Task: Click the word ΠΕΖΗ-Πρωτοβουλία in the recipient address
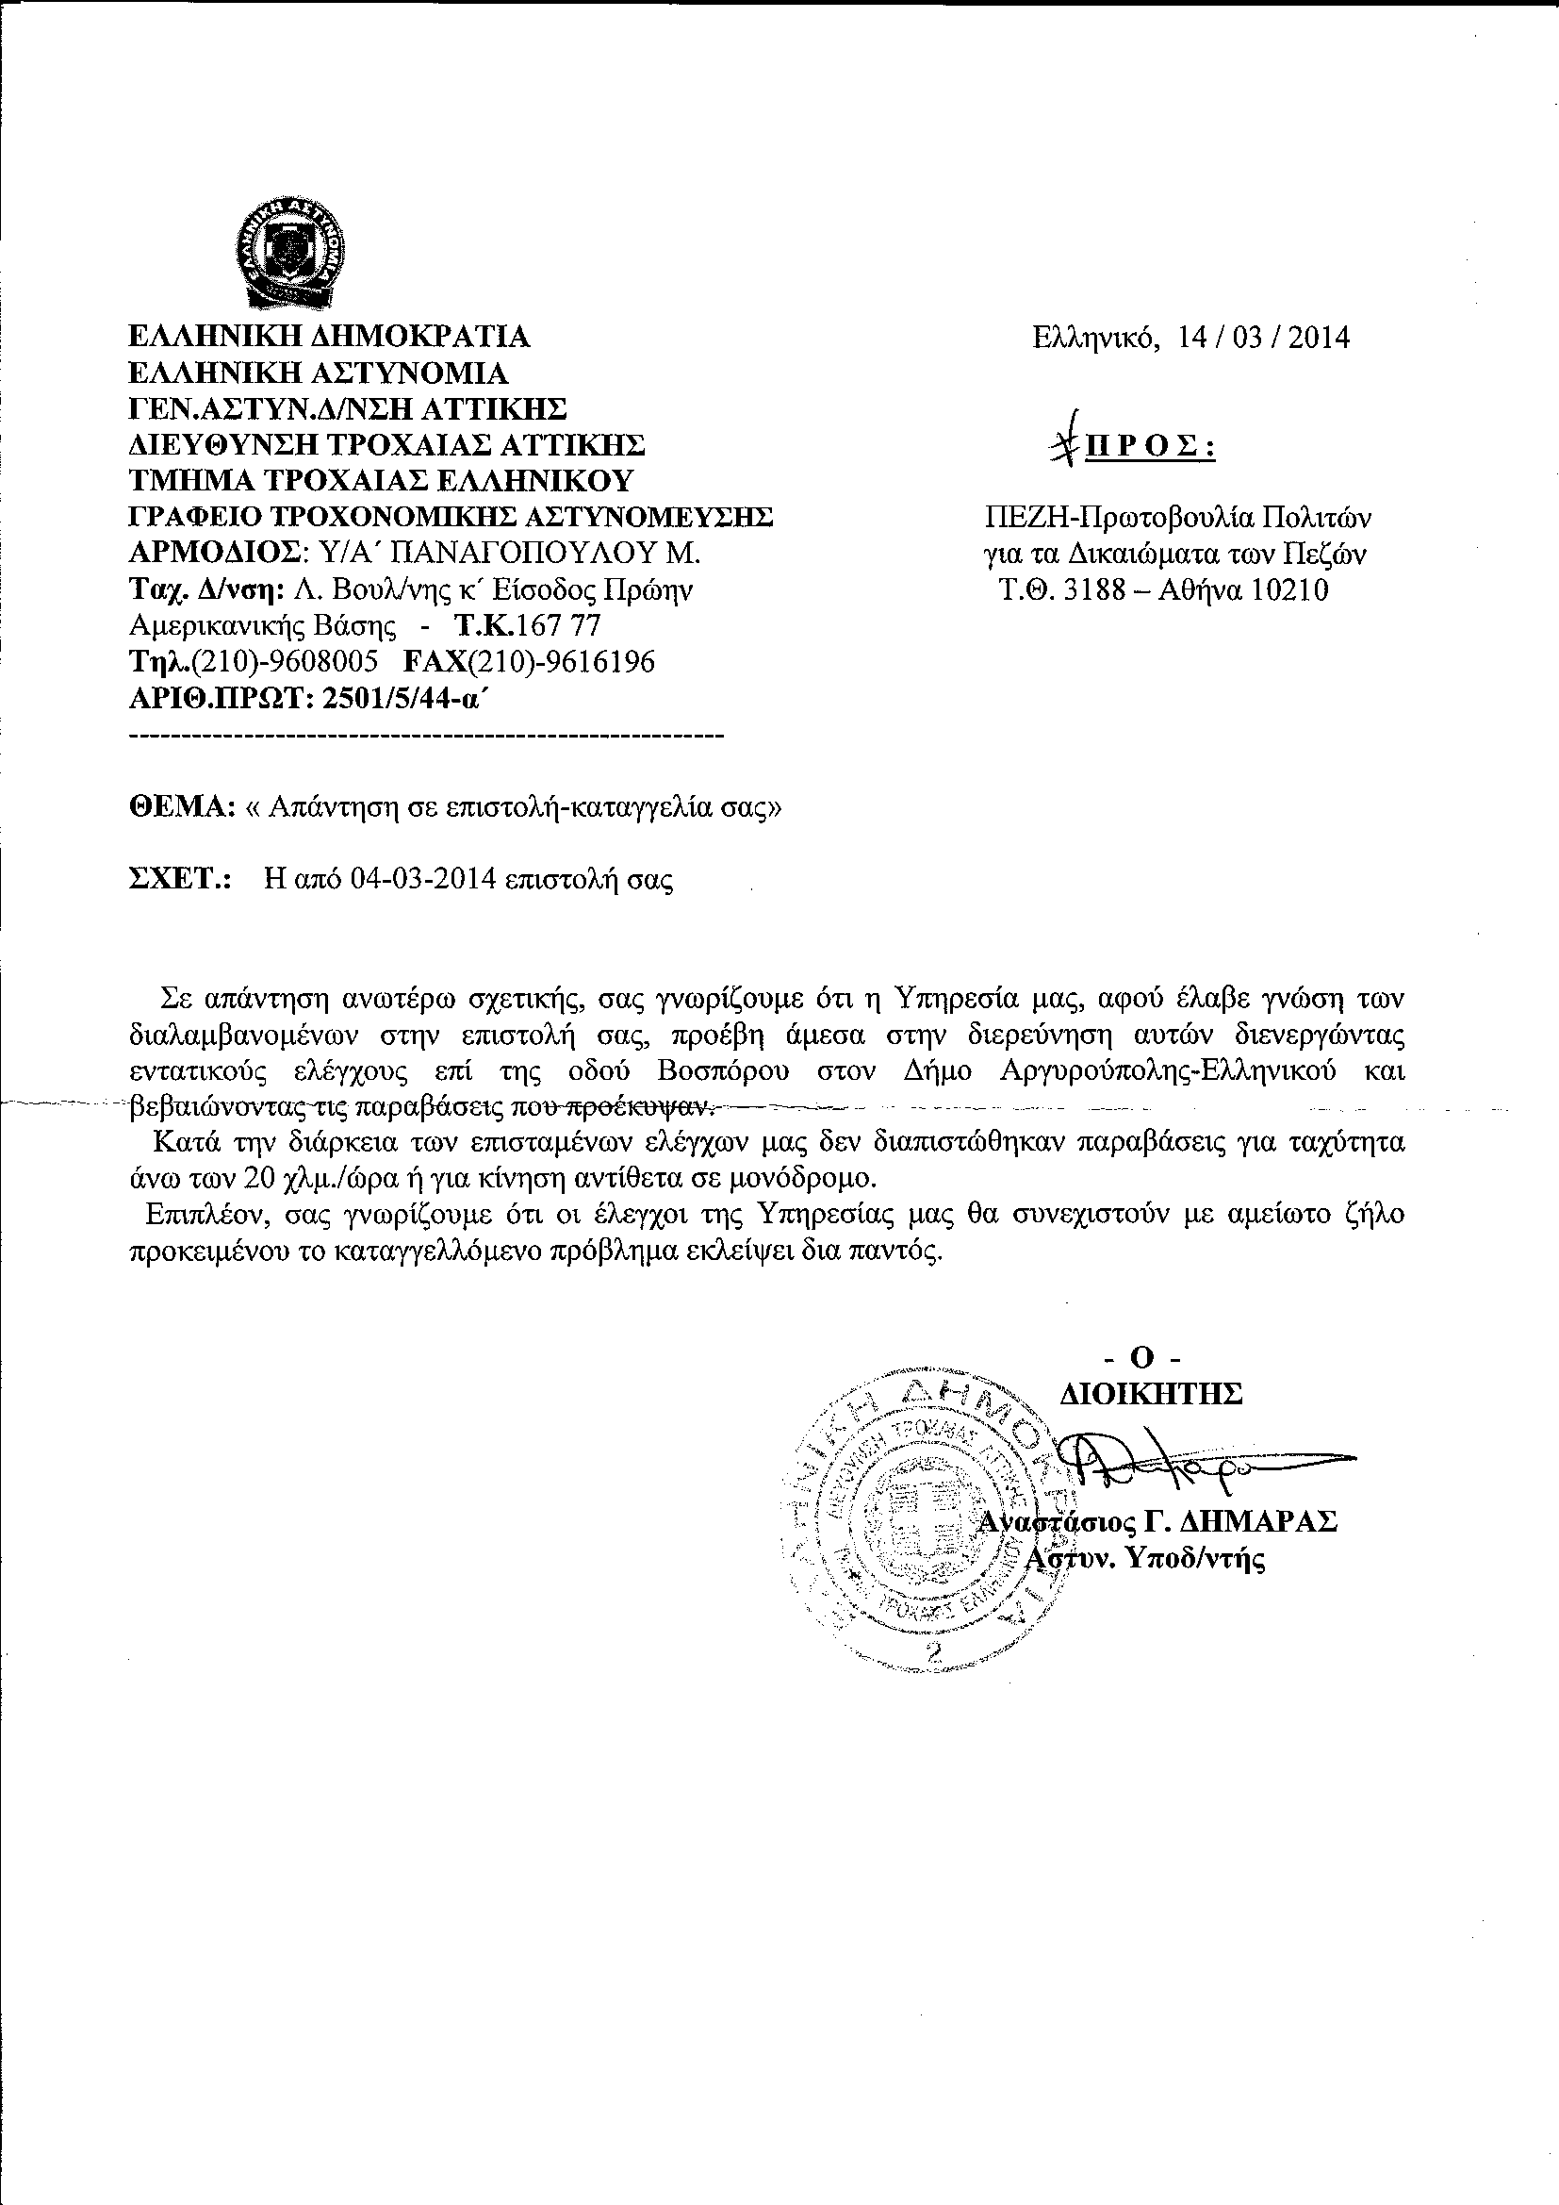(1119, 519)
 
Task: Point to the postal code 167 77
(559, 626)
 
